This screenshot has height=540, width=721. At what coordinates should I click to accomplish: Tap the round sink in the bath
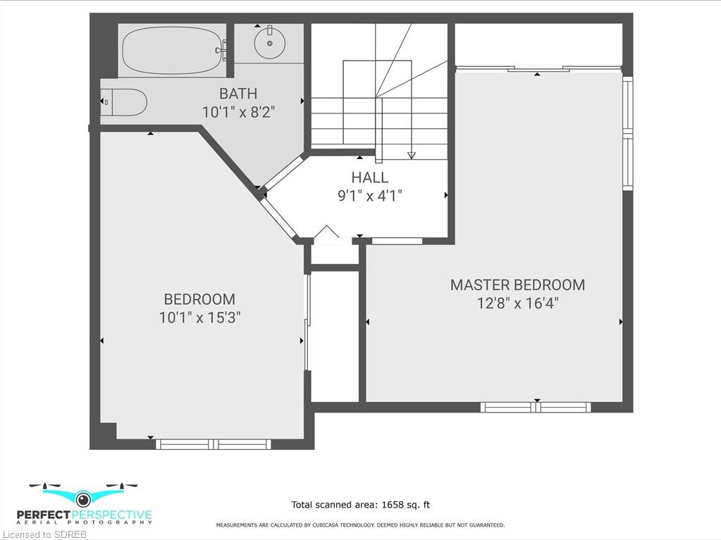(269, 43)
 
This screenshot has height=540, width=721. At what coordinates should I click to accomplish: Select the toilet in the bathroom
(124, 102)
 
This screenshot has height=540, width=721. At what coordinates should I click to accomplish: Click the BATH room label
(238, 94)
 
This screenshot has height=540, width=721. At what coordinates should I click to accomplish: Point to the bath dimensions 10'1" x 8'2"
(239, 111)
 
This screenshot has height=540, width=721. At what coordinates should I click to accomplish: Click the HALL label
(370, 177)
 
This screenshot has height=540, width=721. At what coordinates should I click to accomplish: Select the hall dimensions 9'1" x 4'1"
(370, 196)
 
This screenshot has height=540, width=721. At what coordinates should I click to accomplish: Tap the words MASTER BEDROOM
(518, 284)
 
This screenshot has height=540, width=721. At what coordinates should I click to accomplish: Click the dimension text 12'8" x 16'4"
(518, 303)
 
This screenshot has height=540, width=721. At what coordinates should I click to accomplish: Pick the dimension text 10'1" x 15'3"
(200, 318)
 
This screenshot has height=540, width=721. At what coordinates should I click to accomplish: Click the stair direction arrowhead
(411, 155)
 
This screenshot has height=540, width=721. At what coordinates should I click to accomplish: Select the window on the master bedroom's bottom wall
(536, 407)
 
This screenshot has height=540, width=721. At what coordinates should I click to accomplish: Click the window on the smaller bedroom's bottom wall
(214, 444)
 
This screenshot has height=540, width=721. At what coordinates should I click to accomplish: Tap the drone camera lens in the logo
(82, 498)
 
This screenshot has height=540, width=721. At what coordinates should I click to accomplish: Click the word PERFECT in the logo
(44, 515)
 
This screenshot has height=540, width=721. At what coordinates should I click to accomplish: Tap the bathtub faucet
(224, 49)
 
